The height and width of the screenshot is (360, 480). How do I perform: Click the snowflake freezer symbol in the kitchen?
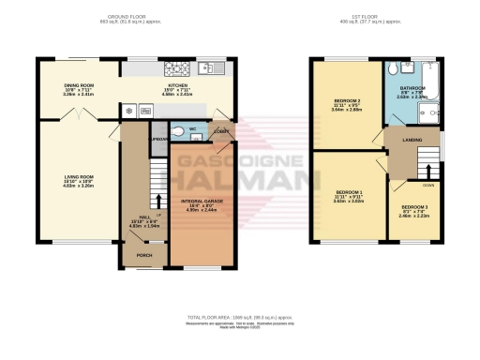(x=128, y=110)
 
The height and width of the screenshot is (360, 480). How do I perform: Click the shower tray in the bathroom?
(x=431, y=113)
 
